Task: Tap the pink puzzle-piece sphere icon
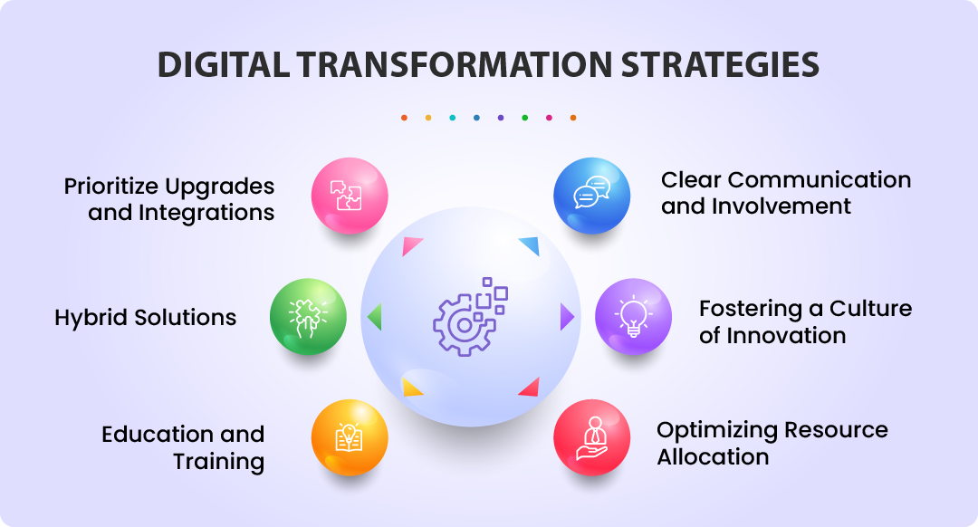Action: [350, 196]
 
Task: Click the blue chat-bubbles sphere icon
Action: [591, 196]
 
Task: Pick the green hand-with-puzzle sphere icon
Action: [308, 317]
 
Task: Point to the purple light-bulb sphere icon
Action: [633, 317]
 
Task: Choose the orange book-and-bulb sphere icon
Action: [350, 437]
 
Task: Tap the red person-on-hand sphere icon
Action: [591, 437]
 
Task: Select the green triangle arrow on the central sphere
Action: [374, 317]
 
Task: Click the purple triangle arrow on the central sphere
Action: [567, 317]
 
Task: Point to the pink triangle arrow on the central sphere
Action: [412, 245]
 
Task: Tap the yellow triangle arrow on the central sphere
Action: [412, 388]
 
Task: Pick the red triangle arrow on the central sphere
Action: [529, 388]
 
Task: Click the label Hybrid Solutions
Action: [145, 318]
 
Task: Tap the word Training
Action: [218, 461]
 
